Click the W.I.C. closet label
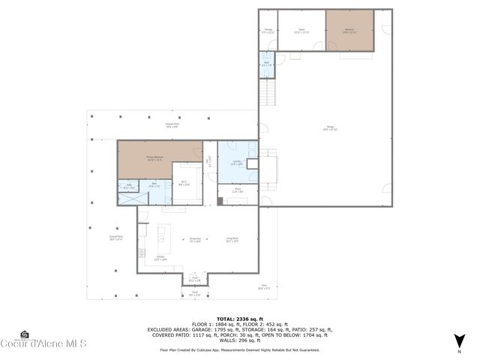coord(184,182)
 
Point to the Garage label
coord(330,130)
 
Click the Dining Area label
coord(196,241)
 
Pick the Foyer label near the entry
coord(194,278)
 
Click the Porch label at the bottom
coord(194,295)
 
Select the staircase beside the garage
coord(268,92)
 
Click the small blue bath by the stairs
coord(267,64)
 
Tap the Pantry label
coord(238,191)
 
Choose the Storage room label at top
coord(268,31)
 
